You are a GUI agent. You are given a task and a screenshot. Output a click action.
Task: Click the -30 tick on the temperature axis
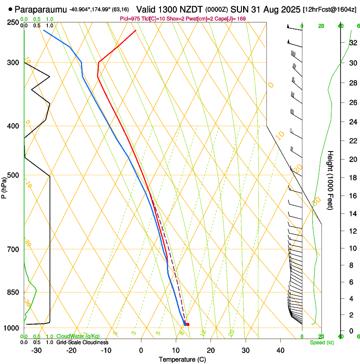[37, 350]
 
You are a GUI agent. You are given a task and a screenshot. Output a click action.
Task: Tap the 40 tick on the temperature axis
[280, 350]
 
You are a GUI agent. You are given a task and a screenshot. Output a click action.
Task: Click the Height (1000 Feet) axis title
[331, 180]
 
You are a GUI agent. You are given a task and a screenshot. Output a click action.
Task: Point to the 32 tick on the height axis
[352, 43]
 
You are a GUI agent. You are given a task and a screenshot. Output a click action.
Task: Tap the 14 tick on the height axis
[352, 213]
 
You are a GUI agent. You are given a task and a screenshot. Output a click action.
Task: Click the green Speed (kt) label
[322, 342]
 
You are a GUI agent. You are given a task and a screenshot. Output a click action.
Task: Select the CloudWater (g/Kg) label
[78, 336]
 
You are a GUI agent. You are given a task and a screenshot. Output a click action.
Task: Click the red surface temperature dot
[188, 325]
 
